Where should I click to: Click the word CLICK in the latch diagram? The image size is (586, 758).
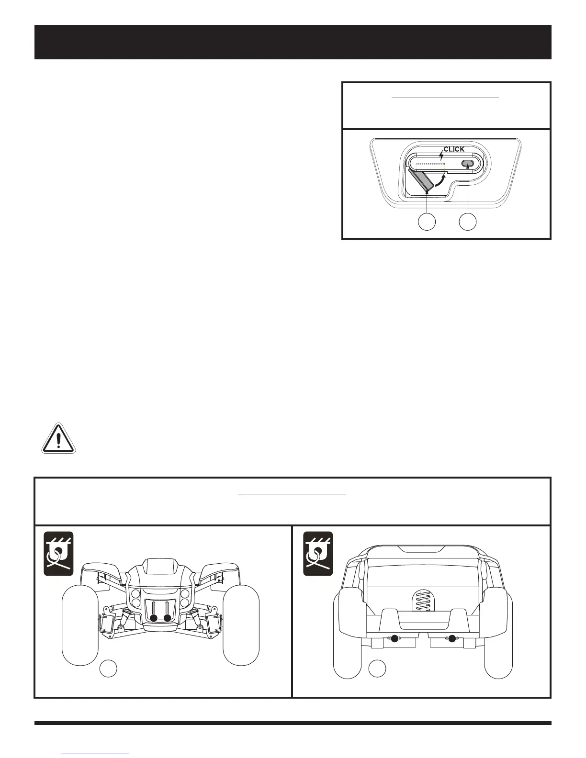pyautogui.click(x=454, y=149)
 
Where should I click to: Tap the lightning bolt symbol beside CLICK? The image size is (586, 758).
pyautogui.click(x=441, y=156)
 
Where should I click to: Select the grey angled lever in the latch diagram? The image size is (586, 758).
pyautogui.click(x=420, y=181)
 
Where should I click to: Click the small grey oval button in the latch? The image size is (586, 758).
pyautogui.click(x=468, y=164)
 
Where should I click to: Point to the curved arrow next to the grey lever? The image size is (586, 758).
pyautogui.click(x=439, y=183)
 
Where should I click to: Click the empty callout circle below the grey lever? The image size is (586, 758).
pyautogui.click(x=427, y=222)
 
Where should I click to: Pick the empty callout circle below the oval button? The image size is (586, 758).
pyautogui.click(x=468, y=222)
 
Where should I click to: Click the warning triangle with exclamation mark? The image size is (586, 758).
pyautogui.click(x=58, y=438)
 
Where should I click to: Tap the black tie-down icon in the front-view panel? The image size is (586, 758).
pyautogui.click(x=58, y=553)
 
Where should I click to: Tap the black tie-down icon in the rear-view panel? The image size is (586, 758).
pyautogui.click(x=318, y=553)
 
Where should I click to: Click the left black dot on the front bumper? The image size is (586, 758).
pyautogui.click(x=153, y=618)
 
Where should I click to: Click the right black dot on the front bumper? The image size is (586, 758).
pyautogui.click(x=167, y=618)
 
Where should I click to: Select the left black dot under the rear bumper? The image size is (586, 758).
pyautogui.click(x=394, y=638)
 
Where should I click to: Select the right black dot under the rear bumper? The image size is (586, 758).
pyautogui.click(x=451, y=638)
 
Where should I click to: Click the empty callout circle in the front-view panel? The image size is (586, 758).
pyautogui.click(x=108, y=669)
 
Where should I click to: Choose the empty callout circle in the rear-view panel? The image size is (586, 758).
pyautogui.click(x=377, y=669)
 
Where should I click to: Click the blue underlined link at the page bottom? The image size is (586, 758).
pyautogui.click(x=96, y=753)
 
